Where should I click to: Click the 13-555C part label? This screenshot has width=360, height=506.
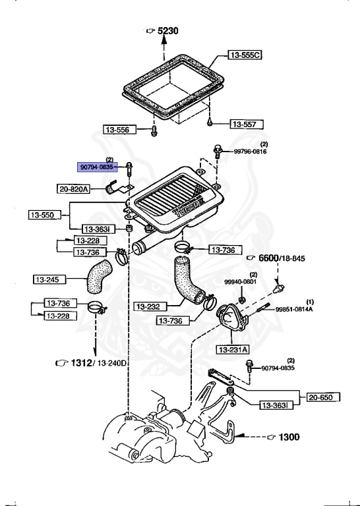[245, 55]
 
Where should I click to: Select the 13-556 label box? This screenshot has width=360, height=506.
[120, 130]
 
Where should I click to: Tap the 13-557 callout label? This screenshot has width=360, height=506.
[247, 125]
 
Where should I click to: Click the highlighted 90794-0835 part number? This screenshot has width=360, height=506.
[97, 167]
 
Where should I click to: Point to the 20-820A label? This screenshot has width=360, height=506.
[74, 189]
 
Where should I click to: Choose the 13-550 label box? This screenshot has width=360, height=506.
[45, 215]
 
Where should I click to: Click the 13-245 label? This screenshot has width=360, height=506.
[49, 279]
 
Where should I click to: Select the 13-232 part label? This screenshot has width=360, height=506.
[151, 306]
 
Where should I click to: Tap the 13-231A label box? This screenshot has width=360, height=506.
[233, 349]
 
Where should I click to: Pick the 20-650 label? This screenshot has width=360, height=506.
[323, 397]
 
